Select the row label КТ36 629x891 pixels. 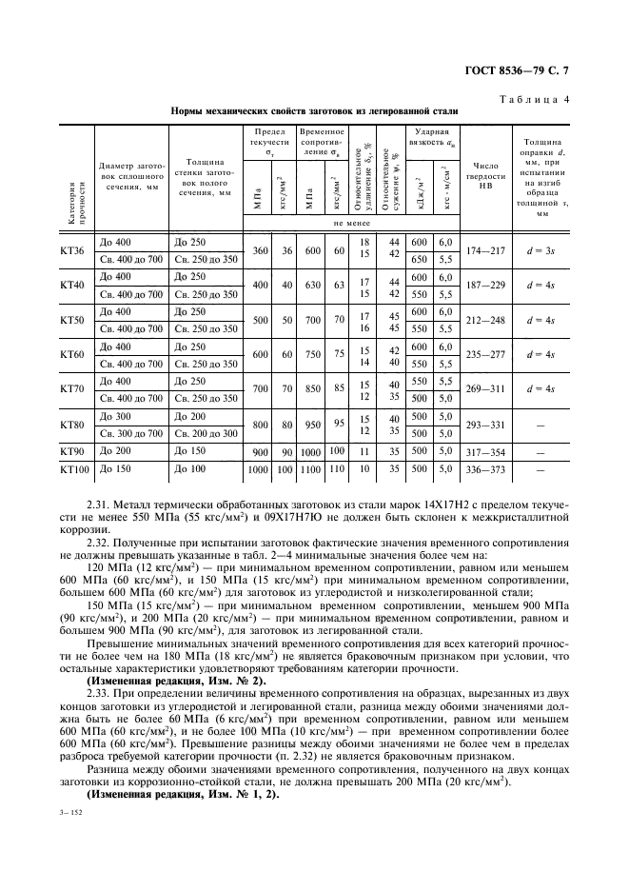click(x=71, y=250)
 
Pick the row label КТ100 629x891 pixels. click(x=73, y=469)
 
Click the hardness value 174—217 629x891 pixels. click(x=483, y=250)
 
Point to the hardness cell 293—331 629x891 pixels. click(x=483, y=426)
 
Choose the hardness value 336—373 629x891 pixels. click(x=483, y=469)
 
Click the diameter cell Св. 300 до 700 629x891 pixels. click(x=130, y=433)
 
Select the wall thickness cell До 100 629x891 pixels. click(x=190, y=469)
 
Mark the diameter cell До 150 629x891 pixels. click(x=115, y=469)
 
